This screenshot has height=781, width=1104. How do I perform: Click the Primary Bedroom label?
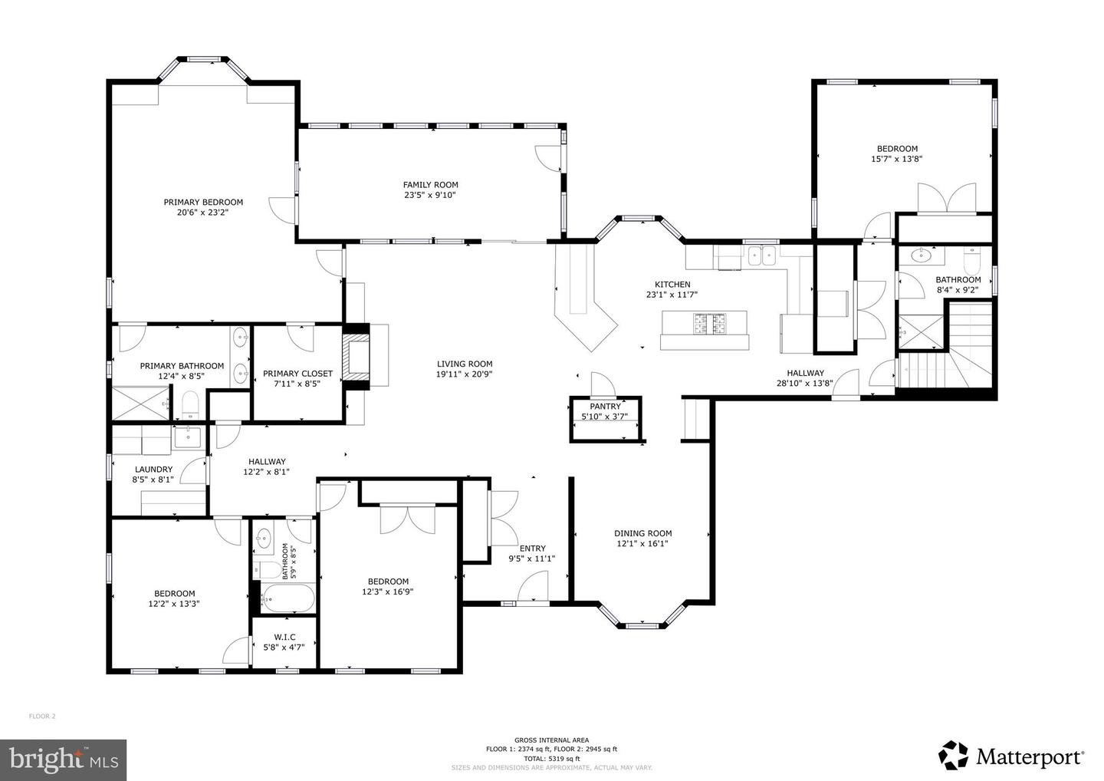pos(203,202)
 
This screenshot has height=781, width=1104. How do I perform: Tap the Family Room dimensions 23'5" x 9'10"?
pos(430,195)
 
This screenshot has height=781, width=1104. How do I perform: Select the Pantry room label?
pos(605,407)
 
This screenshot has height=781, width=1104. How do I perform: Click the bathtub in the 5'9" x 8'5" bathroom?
pos(287,598)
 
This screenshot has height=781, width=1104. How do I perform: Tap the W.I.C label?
pos(285,637)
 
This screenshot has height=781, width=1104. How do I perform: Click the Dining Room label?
pos(643,533)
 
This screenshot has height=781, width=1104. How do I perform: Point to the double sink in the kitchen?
pos(762,256)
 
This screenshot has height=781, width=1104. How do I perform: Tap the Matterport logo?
pos(1011,756)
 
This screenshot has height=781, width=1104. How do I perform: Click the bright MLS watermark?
pos(63,760)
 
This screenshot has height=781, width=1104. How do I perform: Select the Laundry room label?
pos(154,470)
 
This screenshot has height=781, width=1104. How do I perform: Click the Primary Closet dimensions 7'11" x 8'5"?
pos(297,384)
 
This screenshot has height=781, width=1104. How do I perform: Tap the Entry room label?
pos(533,549)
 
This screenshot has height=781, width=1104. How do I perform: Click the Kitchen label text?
pos(672,285)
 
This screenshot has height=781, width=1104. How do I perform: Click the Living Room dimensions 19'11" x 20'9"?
pos(465,374)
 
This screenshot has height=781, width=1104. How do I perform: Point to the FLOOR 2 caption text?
pos(42,717)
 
